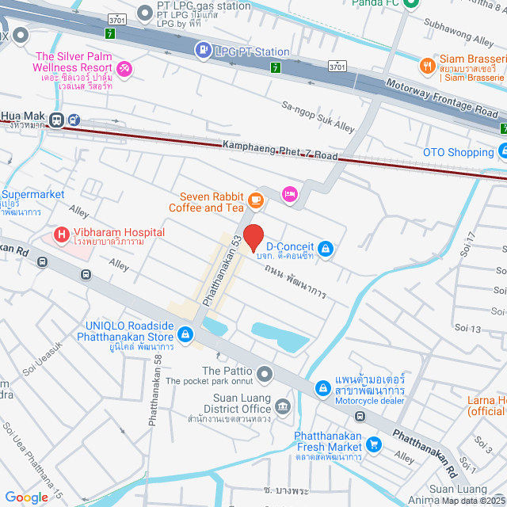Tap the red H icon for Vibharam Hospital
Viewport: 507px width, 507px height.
[60, 234]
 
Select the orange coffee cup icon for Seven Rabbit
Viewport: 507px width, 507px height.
[255, 199]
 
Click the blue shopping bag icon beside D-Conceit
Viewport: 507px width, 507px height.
[325, 250]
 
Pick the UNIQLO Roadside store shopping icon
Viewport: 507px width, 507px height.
[185, 334]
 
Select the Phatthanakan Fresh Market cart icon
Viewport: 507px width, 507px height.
[375, 445]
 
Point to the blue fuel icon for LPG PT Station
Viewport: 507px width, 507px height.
[204, 51]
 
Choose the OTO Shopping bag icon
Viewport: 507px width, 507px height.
[502, 151]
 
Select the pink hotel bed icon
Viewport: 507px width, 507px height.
[289, 193]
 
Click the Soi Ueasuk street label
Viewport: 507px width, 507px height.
[42, 357]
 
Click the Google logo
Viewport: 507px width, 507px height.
[27, 497]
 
